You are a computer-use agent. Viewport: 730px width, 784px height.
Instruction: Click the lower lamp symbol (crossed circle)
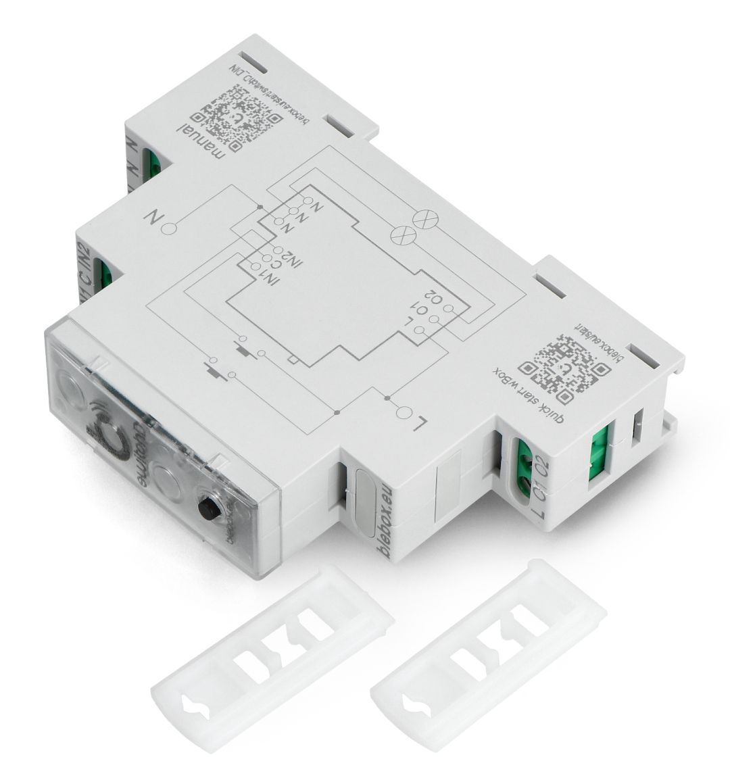tap(404, 235)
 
